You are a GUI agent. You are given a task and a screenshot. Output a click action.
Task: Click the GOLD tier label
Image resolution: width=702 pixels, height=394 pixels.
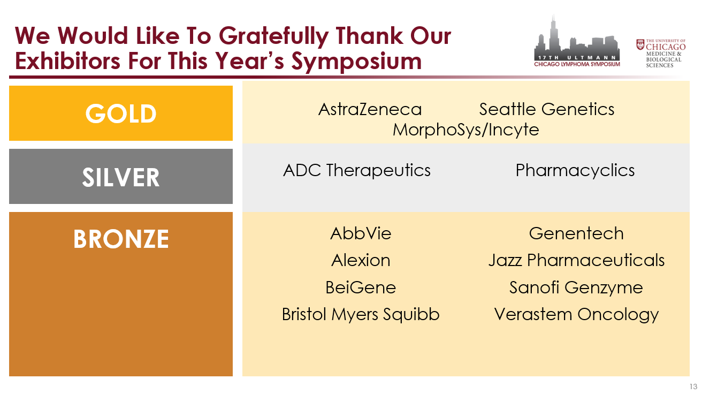pos(121,113)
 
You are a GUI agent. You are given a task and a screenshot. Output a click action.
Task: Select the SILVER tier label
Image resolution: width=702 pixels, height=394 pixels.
pos(121,177)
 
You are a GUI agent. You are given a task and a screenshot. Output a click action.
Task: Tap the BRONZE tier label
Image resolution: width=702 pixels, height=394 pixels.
pos(121,239)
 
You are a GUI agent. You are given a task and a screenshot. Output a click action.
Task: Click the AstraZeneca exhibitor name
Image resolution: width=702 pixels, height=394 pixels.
pos(370,109)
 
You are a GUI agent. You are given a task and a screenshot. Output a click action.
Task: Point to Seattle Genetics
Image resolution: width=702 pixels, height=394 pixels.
pos(546,109)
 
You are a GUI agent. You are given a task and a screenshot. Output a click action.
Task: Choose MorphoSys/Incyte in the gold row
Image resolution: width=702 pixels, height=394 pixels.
pos(466,130)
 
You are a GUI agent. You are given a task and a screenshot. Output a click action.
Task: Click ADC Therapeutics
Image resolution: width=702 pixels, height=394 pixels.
pos(357,171)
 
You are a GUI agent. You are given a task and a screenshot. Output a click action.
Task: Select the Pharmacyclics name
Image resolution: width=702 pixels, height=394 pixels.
pos(575,171)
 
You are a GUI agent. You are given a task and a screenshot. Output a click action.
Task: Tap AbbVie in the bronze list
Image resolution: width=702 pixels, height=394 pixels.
pos(361,233)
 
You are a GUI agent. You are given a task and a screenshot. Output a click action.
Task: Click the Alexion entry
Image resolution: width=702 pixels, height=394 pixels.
pos(361,261)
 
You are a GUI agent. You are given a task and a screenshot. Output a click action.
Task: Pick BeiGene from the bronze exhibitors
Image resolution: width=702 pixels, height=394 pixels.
pos(361,287)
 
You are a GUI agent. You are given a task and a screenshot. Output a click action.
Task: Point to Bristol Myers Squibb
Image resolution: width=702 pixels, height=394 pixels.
pos(361,314)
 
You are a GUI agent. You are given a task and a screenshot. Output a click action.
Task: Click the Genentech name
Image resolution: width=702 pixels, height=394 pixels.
pos(576,233)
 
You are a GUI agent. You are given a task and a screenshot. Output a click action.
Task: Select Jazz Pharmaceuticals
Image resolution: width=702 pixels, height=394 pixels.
pos(576,261)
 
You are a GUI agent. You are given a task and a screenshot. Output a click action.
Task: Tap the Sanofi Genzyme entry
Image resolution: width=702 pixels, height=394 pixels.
pos(576,288)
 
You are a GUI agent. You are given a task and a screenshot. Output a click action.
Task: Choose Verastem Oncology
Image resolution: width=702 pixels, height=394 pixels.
pos(576,314)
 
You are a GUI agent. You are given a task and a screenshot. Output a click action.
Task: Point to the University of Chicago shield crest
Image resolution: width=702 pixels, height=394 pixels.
pos(640,44)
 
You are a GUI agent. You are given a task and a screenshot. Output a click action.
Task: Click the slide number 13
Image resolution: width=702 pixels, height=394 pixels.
pos(693,387)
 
